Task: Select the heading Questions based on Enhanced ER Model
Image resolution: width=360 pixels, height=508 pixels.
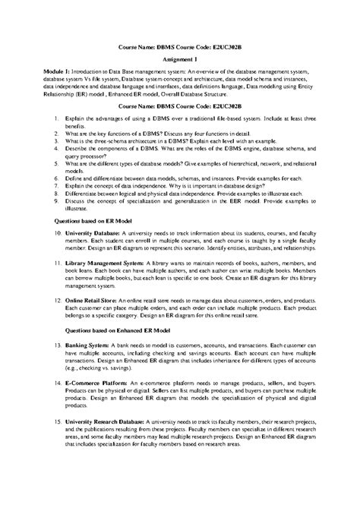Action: (102, 332)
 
